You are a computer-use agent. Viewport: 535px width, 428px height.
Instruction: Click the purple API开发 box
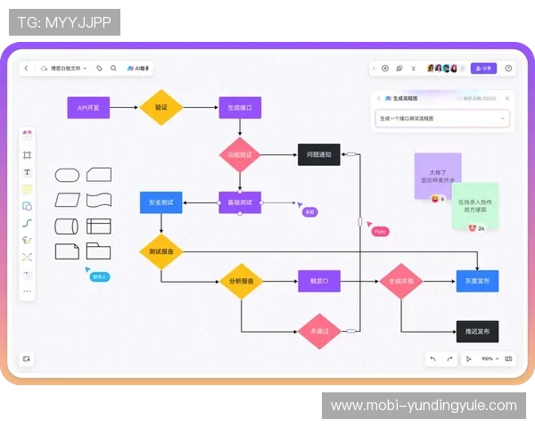click(x=88, y=108)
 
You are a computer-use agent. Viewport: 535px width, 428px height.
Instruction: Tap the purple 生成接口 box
click(x=240, y=108)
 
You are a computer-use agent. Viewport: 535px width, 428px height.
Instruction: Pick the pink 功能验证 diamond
click(x=240, y=154)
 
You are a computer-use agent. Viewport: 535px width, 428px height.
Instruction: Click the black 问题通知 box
click(x=318, y=154)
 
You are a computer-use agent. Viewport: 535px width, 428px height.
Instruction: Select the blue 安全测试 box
click(x=160, y=202)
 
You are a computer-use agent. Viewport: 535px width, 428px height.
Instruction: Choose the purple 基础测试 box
click(x=240, y=202)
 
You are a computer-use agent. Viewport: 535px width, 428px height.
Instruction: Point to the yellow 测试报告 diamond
click(x=160, y=251)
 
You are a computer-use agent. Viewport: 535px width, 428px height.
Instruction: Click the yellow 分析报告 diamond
click(x=240, y=282)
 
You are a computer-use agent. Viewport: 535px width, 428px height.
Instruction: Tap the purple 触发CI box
click(x=319, y=282)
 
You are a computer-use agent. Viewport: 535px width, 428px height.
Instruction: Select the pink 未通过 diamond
click(x=319, y=331)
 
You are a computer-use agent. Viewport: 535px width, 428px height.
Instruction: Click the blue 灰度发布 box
click(x=477, y=282)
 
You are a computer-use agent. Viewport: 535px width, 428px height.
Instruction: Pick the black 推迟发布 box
click(x=477, y=331)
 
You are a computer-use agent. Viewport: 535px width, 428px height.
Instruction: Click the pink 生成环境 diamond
click(x=400, y=282)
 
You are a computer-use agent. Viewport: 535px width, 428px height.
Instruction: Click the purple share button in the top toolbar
click(x=483, y=68)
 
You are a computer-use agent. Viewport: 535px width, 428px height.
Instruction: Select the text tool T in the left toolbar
click(x=27, y=172)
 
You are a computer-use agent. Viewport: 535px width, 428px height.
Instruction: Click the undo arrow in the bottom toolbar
click(x=432, y=358)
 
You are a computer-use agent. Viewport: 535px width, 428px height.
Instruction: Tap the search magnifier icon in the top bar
click(x=113, y=68)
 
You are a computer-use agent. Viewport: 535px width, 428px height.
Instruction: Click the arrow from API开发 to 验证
click(x=124, y=108)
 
